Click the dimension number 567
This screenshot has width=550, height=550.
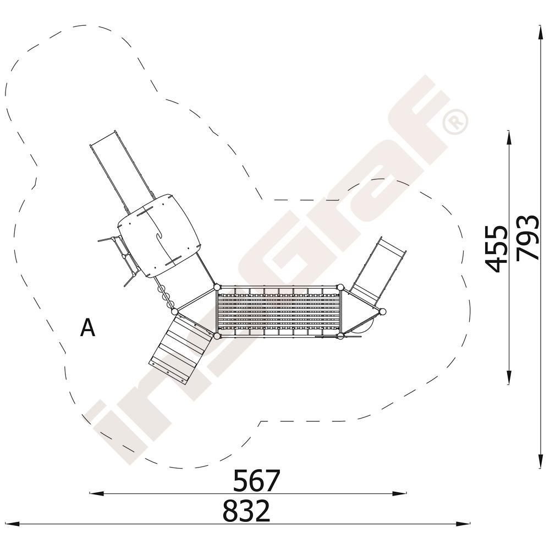click(x=257, y=480)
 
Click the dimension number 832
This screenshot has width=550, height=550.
click(x=246, y=510)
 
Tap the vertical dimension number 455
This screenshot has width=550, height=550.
click(x=496, y=249)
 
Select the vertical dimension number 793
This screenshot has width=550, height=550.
click(x=527, y=238)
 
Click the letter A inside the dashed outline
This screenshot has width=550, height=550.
click(x=87, y=328)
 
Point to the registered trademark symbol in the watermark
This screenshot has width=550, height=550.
click(x=455, y=121)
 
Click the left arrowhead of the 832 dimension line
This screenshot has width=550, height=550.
click(x=13, y=524)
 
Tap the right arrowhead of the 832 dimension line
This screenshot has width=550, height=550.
click(x=463, y=524)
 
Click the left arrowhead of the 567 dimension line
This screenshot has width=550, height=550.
click(x=97, y=493)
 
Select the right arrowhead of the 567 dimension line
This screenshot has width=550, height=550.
click(x=399, y=493)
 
